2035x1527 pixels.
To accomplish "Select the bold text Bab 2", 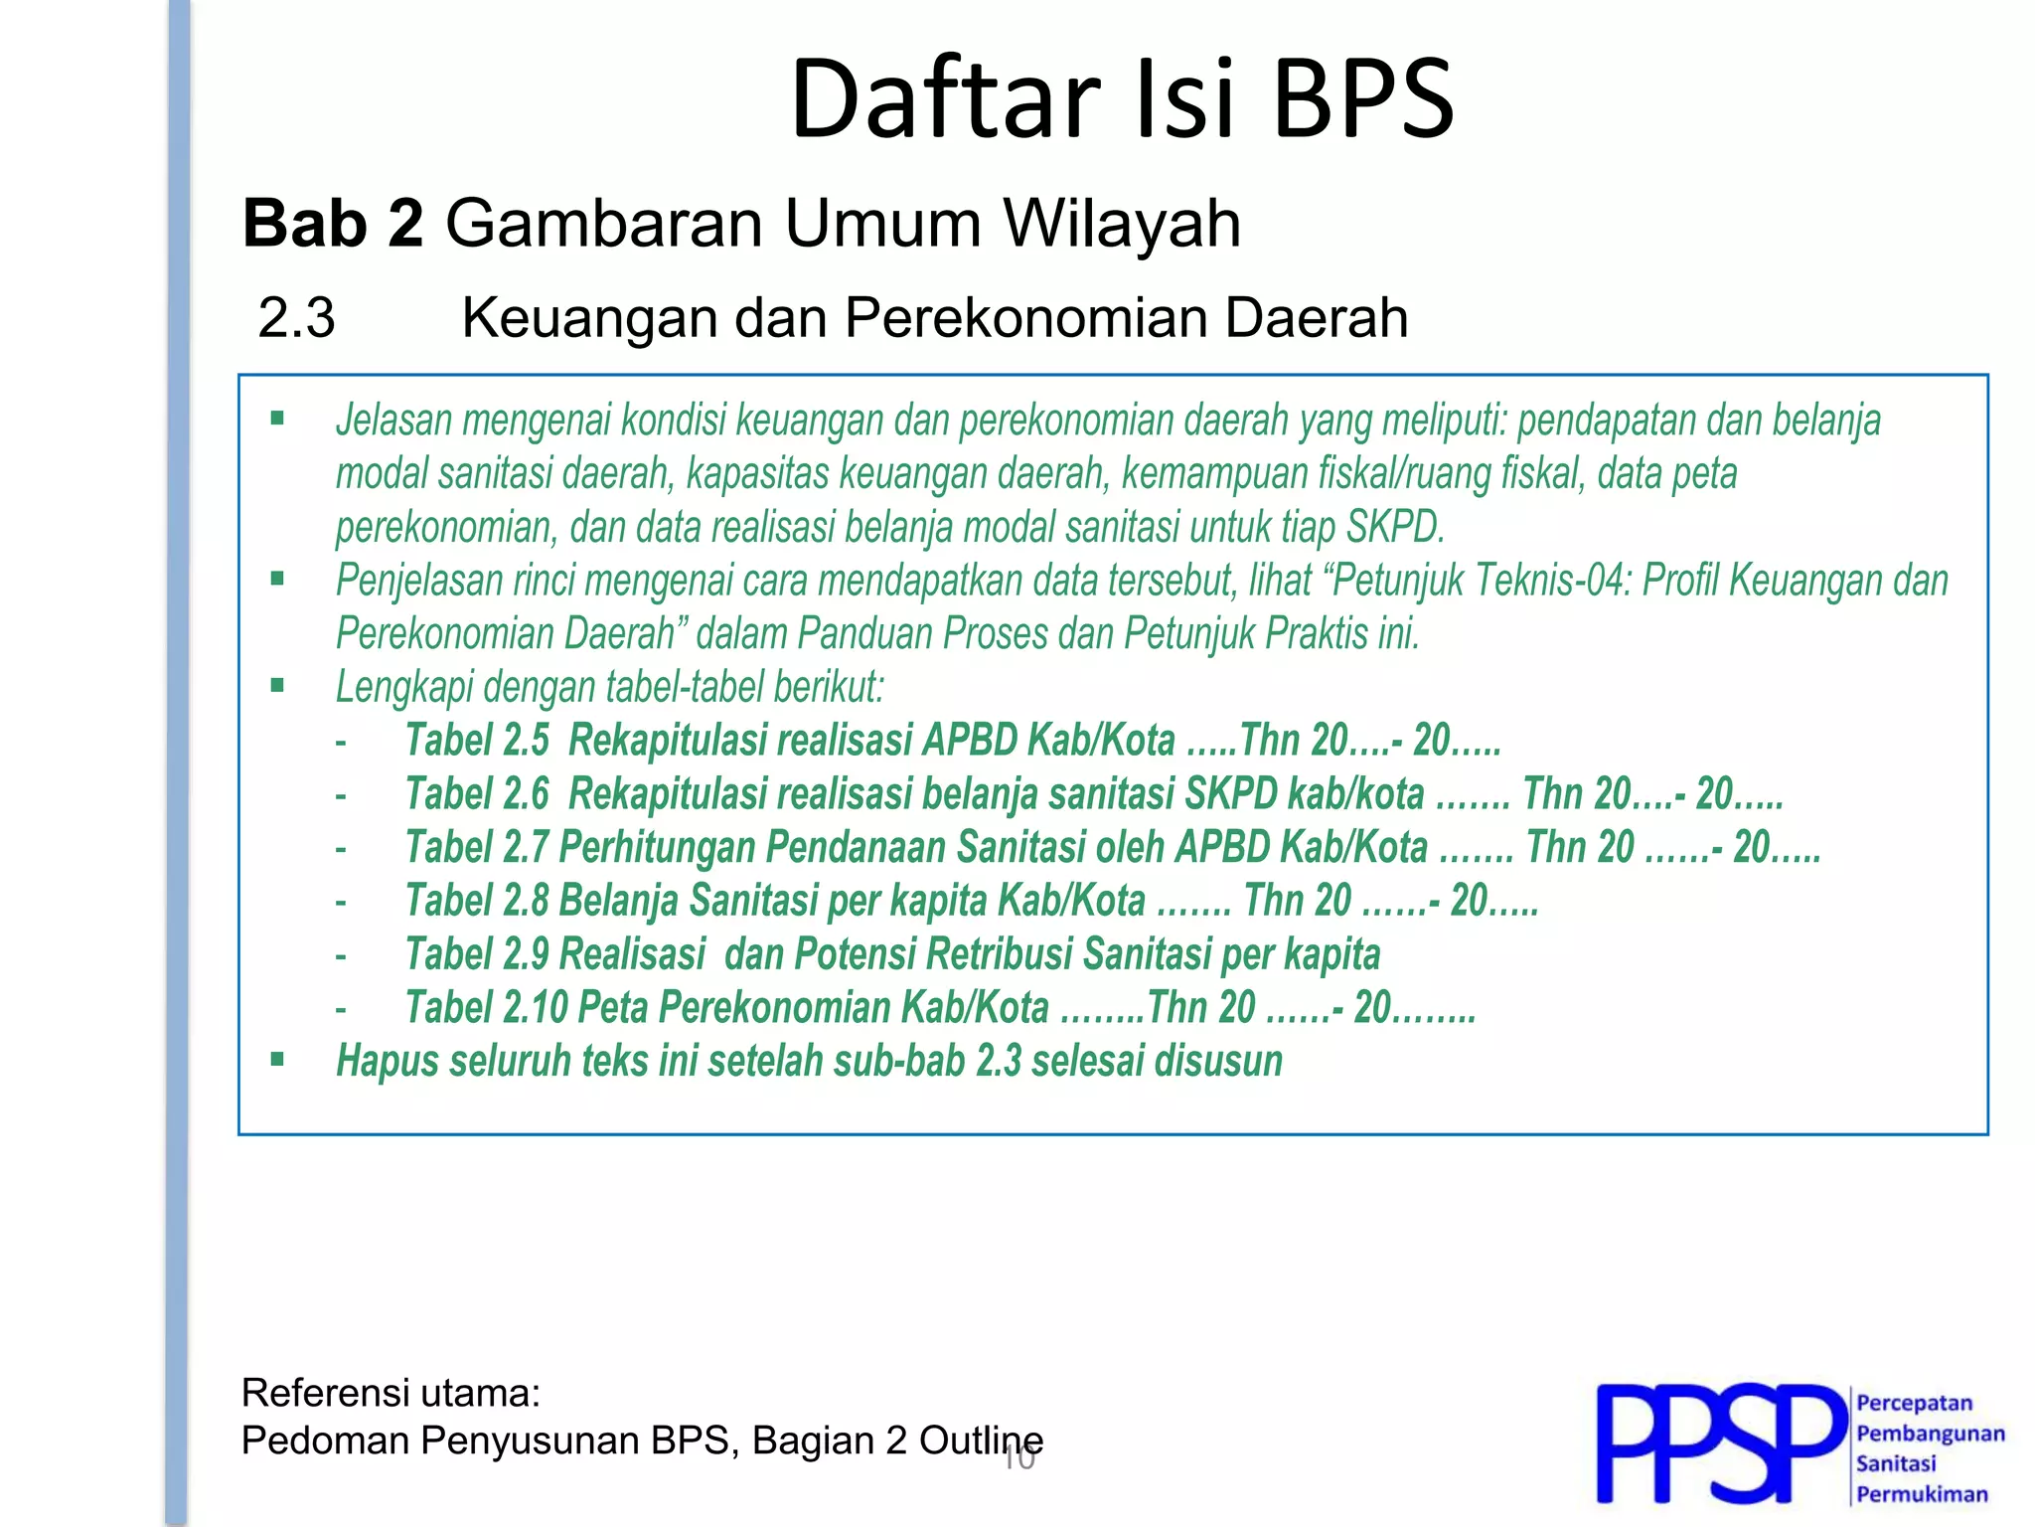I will (x=333, y=223).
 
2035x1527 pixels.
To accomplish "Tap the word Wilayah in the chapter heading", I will (x=1122, y=223).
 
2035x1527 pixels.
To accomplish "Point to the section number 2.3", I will (x=296, y=319).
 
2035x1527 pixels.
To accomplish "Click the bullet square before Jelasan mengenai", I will (x=277, y=419).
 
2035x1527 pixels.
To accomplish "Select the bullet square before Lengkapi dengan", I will (x=277, y=685).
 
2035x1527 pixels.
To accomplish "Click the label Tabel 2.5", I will (x=477, y=741).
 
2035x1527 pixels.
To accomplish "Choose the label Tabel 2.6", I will (x=477, y=794).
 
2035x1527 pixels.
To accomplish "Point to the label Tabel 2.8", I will (x=477, y=902).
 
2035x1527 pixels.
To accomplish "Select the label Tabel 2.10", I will (x=486, y=1008).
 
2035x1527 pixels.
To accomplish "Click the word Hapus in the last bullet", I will (x=387, y=1061).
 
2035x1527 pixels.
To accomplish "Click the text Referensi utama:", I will (x=391, y=1394).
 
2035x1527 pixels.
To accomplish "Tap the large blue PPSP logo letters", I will (x=1719, y=1443).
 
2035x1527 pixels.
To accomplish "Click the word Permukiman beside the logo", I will (x=1922, y=1494).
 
